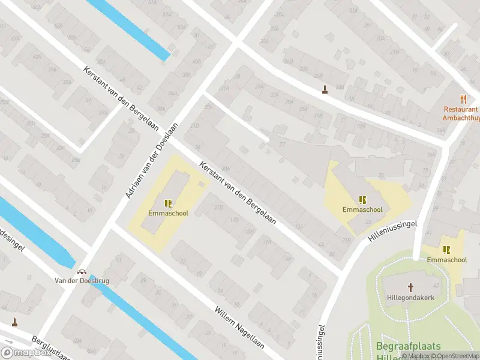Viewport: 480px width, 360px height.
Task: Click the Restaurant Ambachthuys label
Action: (461, 113)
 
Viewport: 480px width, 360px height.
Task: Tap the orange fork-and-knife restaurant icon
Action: (463, 99)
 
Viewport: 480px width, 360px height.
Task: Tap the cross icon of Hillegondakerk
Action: (411, 287)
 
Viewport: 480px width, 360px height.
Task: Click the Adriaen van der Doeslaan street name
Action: (152, 161)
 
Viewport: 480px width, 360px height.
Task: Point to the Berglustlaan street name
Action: (51, 347)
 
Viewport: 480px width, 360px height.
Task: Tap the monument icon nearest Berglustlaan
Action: (14, 323)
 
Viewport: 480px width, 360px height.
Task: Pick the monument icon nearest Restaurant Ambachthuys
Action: (325, 90)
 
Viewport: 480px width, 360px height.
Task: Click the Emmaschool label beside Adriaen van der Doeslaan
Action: (167, 212)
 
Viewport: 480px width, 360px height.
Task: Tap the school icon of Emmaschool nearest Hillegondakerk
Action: (446, 250)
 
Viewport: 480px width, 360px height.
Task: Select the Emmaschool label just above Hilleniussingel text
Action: (362, 210)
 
